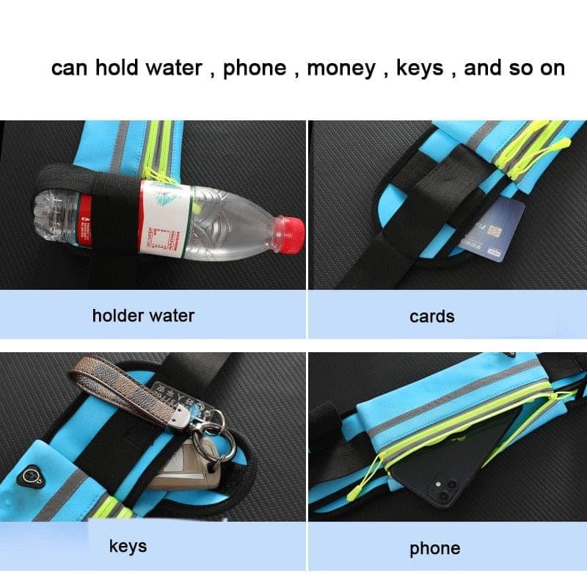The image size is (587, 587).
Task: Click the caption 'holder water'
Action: [x=143, y=316]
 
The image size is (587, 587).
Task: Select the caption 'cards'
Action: [x=431, y=316]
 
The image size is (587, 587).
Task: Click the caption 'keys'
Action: [x=128, y=547]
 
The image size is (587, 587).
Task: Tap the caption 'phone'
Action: [x=435, y=548]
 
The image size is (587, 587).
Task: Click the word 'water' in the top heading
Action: [x=173, y=68]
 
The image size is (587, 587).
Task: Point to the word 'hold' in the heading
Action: [x=118, y=68]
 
